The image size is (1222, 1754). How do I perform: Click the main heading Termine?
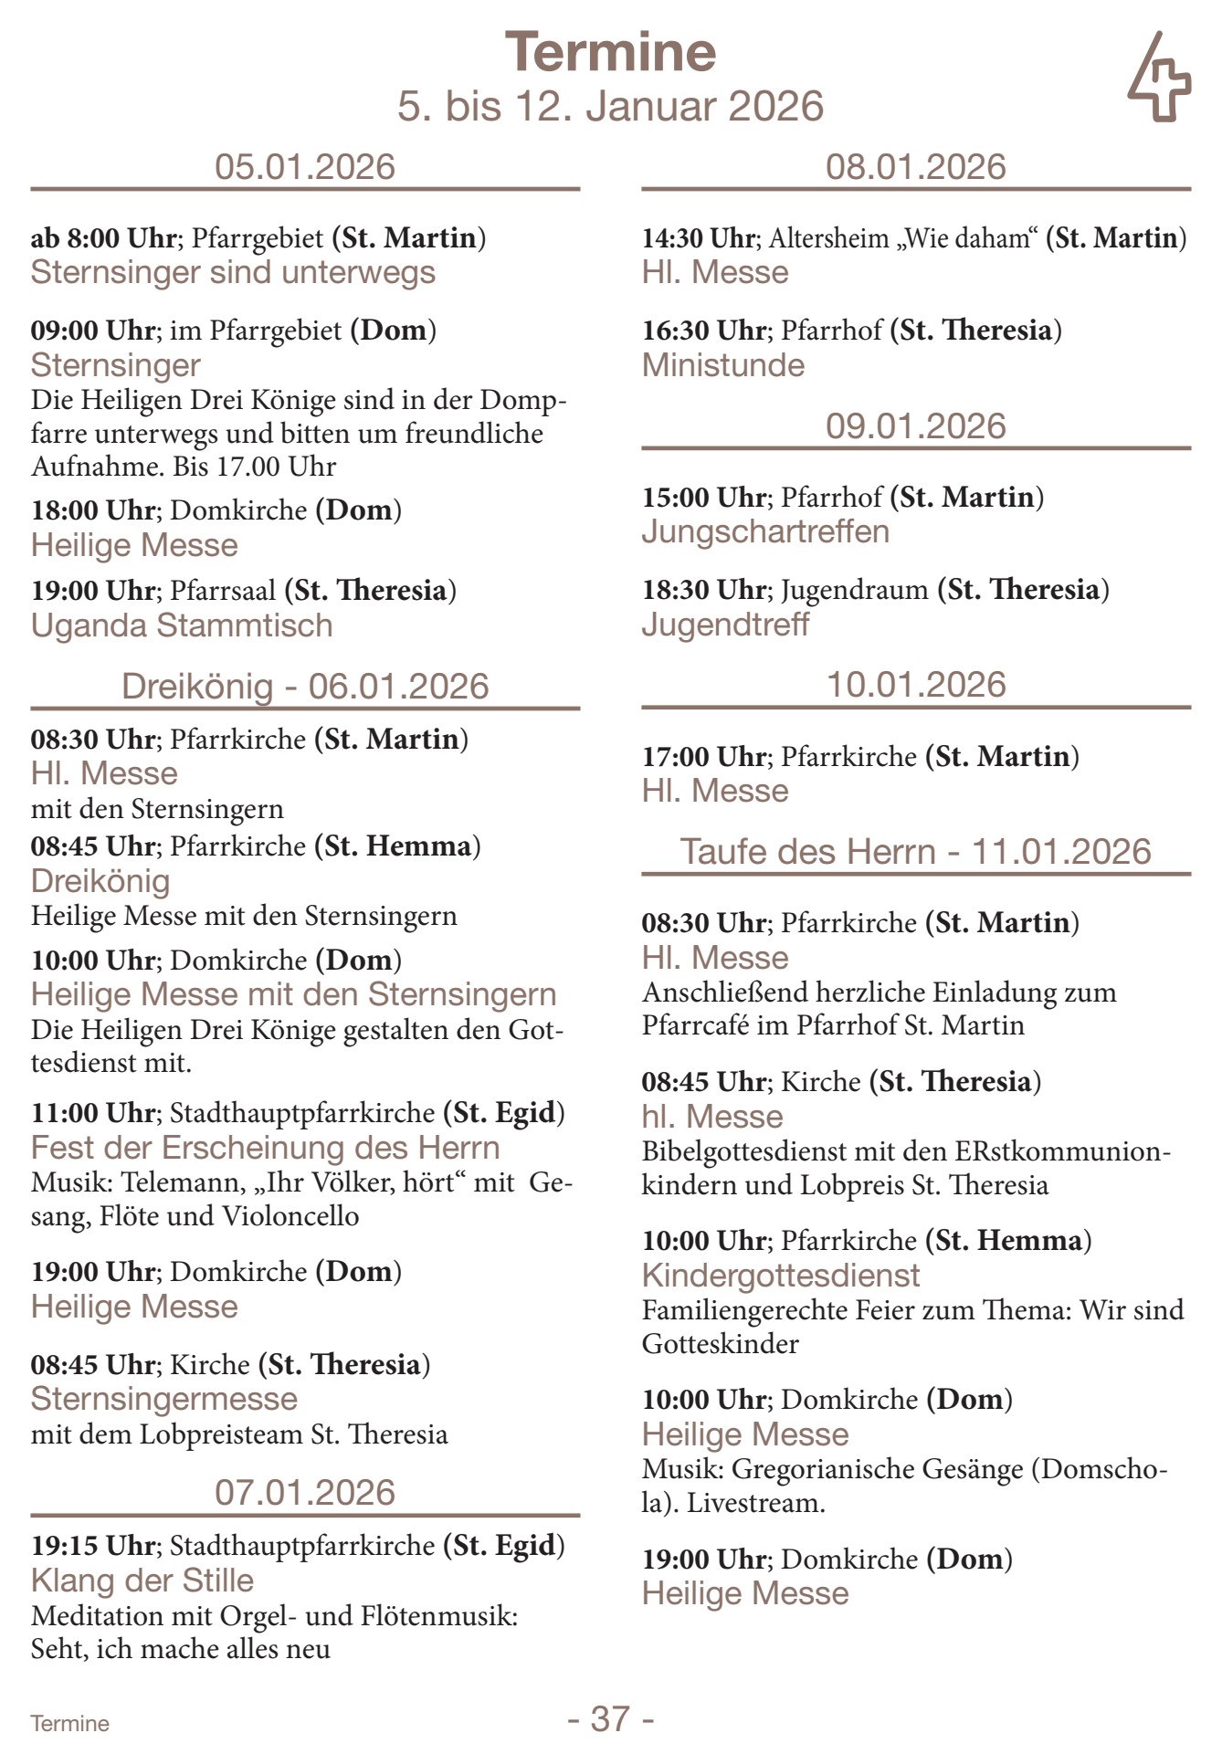point(610,52)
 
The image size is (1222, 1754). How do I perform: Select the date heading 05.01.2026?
point(305,167)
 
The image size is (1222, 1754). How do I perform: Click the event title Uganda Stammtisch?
point(182,625)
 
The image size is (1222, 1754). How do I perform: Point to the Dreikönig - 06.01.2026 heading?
point(305,686)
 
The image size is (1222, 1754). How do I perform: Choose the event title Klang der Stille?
point(142,1581)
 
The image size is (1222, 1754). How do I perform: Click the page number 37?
point(610,1718)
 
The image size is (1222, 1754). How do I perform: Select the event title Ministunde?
point(723,365)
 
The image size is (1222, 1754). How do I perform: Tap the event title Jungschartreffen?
point(765,531)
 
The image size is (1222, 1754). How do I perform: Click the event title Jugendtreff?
point(725,625)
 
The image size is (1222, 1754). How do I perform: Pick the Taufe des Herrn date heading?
point(916,852)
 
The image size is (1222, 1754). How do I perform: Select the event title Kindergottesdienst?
point(781,1276)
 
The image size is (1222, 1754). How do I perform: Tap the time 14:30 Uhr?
point(699,238)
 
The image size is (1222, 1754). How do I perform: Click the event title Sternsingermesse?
point(164,1399)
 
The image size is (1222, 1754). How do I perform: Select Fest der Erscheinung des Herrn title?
point(266,1148)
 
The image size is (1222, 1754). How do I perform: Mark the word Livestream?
point(755,1503)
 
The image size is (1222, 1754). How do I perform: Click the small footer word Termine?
point(69,1724)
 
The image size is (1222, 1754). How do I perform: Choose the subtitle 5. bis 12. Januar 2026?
point(610,106)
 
